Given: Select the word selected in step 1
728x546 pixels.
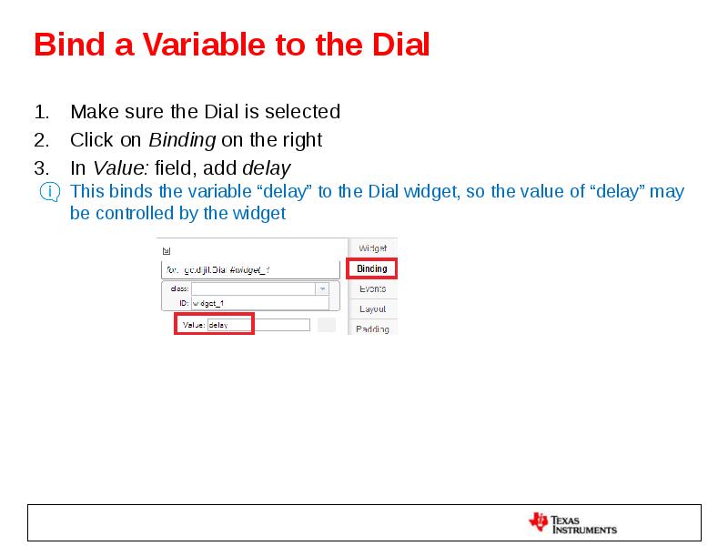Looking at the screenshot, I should (302, 112).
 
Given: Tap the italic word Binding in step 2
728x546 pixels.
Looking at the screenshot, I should (182, 140).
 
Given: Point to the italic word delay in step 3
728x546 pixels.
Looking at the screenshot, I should (266, 168).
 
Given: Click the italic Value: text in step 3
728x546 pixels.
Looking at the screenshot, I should (121, 168).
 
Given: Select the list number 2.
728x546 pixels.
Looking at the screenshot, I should (40, 140).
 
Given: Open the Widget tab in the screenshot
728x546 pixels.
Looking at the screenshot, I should (372, 248).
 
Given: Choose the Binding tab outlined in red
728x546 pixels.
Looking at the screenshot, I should (371, 268).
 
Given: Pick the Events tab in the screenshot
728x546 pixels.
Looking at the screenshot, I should (372, 288).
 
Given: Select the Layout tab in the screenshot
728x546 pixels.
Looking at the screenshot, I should (372, 309).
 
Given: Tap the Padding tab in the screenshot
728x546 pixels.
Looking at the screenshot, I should (372, 329).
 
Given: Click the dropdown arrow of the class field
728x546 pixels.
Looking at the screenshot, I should (321, 288).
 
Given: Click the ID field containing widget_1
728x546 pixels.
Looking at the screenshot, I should (258, 303).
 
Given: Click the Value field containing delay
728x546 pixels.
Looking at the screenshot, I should (258, 325).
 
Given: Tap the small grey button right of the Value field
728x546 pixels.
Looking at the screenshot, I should (326, 325).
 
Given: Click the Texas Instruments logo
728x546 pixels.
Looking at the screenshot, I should (572, 523).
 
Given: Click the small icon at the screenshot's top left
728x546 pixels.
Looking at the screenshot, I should (166, 250).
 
